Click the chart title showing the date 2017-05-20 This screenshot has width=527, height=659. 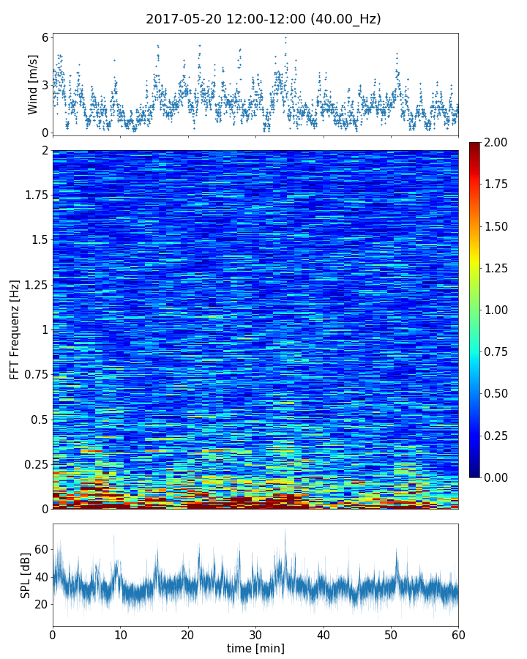click(263, 19)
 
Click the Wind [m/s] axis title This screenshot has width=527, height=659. click(33, 85)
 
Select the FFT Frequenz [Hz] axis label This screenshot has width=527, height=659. click(15, 329)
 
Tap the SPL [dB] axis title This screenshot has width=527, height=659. click(26, 575)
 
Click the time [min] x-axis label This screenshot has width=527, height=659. click(255, 648)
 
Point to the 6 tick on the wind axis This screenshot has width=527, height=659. click(45, 37)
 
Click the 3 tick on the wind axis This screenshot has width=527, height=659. click(45, 85)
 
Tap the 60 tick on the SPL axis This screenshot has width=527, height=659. click(41, 549)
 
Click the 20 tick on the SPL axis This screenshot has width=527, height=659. click(41, 604)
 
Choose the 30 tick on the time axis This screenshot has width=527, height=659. click(255, 633)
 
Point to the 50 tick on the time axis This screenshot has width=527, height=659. click(391, 633)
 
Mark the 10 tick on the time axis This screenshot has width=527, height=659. click(120, 633)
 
